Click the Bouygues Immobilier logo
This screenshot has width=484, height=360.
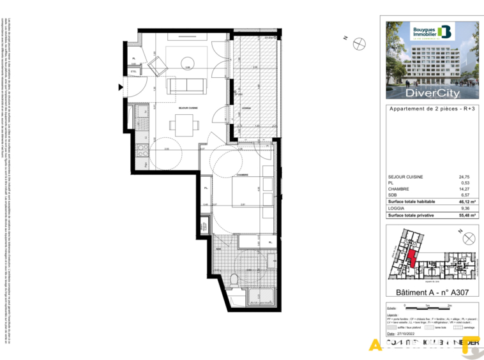click(432, 32)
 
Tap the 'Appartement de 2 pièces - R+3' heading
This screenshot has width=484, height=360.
click(432, 109)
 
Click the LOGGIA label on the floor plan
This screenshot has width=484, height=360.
click(246, 108)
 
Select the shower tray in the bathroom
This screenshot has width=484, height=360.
click(262, 296)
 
